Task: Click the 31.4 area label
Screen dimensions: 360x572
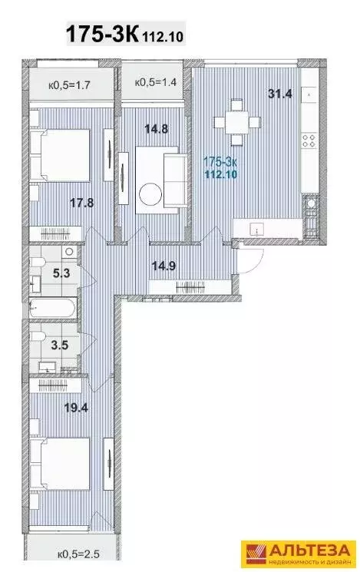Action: point(280,94)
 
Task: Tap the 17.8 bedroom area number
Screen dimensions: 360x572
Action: point(81,203)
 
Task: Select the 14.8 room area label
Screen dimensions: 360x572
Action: point(156,128)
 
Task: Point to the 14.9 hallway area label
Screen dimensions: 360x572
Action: point(163,266)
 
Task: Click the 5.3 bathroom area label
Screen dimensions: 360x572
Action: point(61,273)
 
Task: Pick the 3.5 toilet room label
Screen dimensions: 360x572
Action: point(59,345)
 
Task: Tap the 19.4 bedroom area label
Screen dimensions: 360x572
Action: point(76,408)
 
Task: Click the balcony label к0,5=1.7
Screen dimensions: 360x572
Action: point(69,86)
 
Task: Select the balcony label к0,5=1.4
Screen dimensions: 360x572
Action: point(156,82)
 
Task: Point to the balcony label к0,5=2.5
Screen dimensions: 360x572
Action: point(78,555)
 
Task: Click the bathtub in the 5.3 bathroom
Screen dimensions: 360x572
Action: point(53,308)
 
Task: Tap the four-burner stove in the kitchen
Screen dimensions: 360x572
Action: point(309,141)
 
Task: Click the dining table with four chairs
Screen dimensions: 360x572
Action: point(237,122)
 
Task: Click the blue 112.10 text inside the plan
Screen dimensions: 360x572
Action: point(221,174)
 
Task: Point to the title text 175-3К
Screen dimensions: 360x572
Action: point(102,35)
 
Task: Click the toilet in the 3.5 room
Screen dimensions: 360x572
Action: point(38,336)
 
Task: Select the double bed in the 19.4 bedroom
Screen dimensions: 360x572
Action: point(60,464)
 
